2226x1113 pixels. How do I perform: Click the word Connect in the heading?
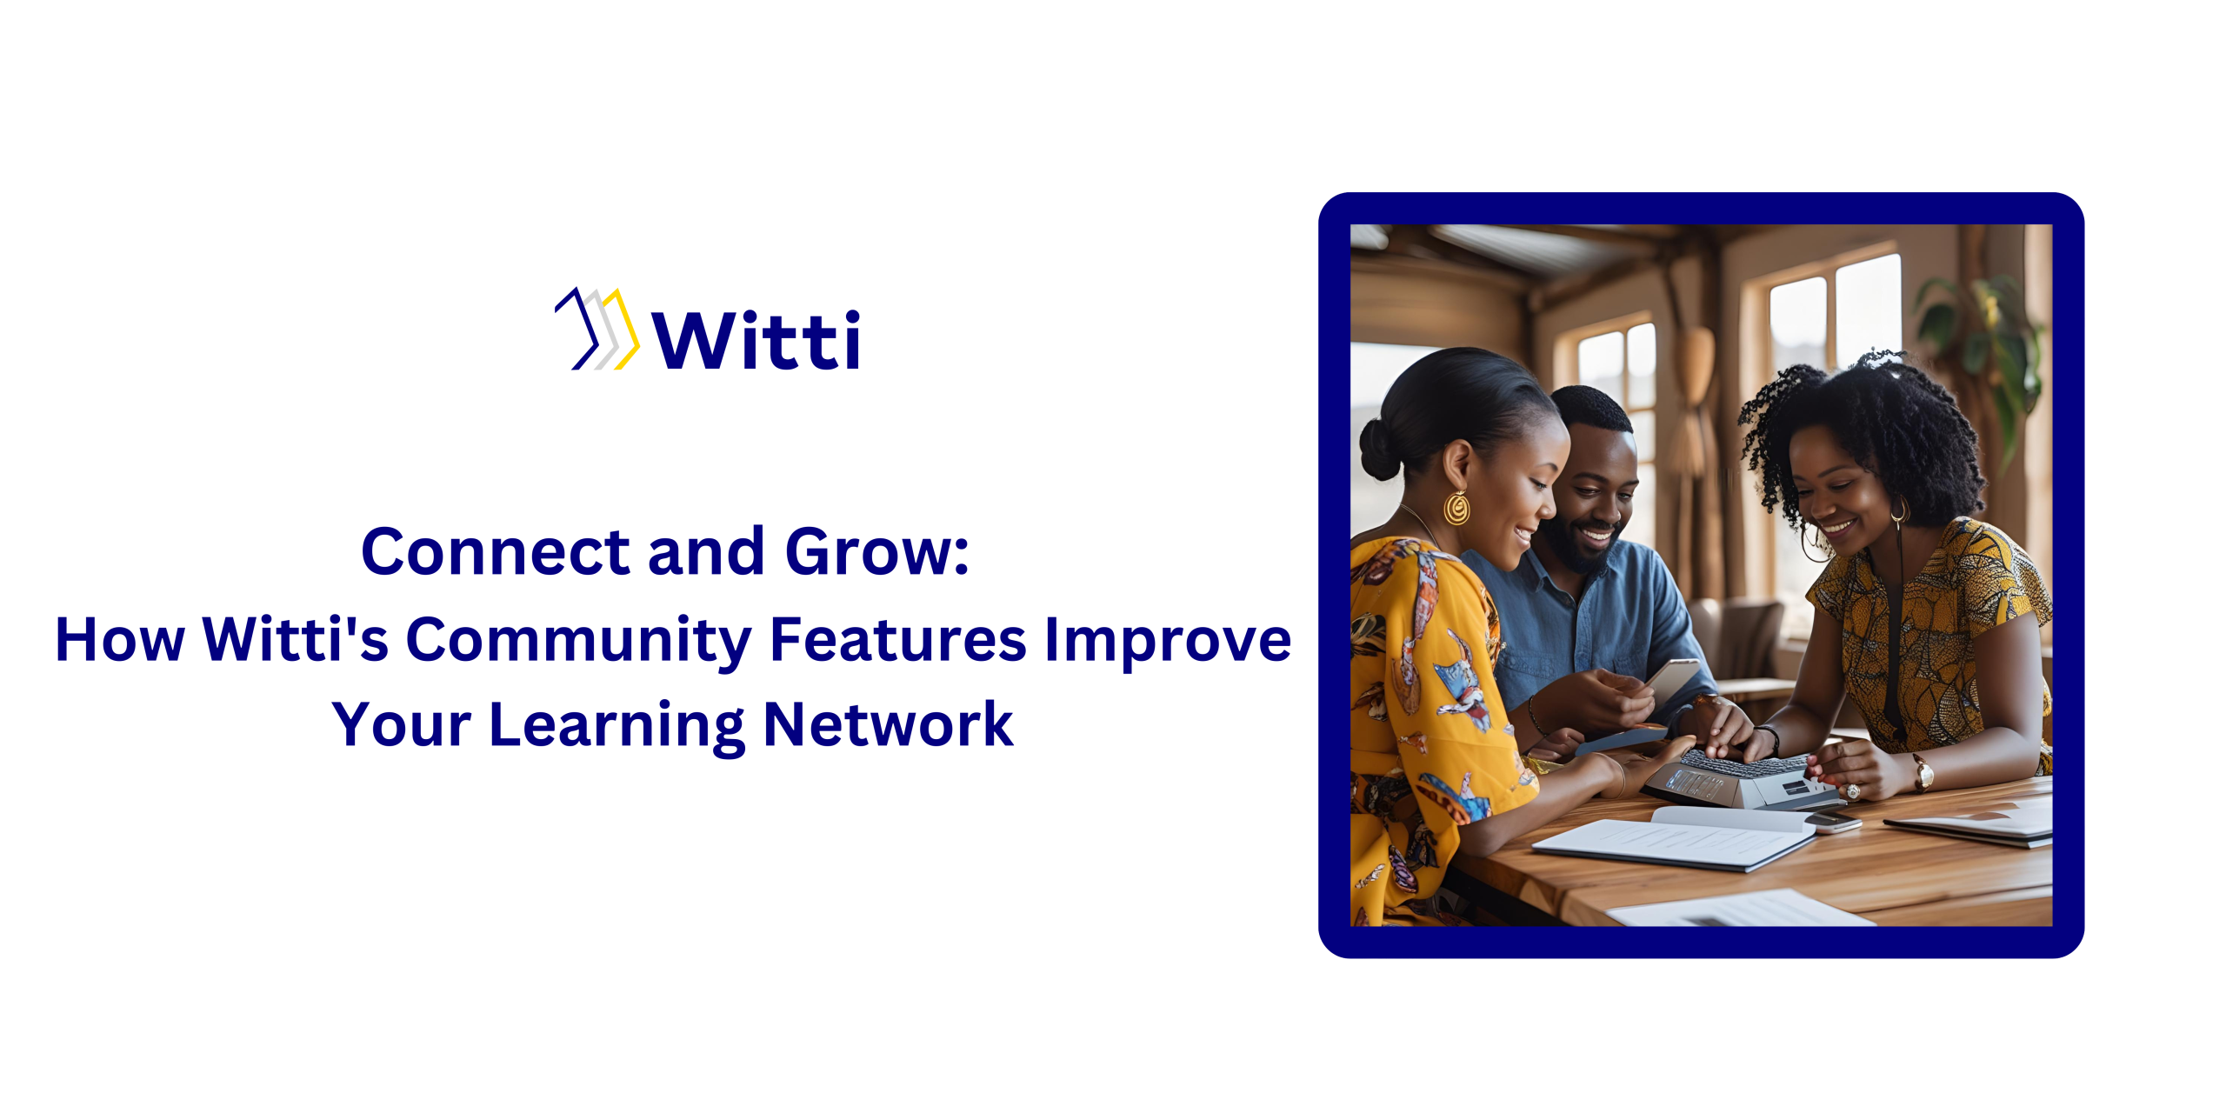(x=496, y=552)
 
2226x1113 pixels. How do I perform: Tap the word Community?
(x=578, y=642)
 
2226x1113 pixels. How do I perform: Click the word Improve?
(x=1168, y=642)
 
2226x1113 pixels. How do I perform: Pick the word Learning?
(x=616, y=726)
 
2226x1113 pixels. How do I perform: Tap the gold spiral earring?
(x=1456, y=509)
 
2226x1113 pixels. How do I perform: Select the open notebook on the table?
(x=1674, y=838)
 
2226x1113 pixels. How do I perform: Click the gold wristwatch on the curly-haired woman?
(x=1923, y=772)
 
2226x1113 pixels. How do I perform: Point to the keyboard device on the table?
(x=1739, y=777)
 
